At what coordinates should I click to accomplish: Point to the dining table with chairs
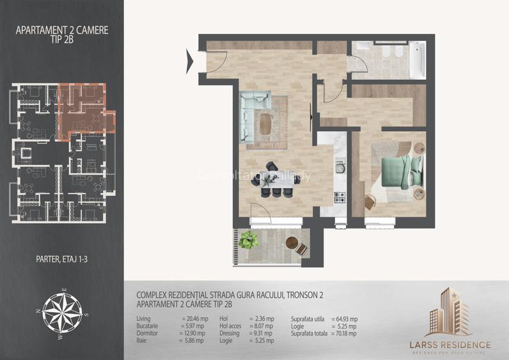click(276, 181)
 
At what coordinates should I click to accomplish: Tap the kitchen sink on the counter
click(340, 168)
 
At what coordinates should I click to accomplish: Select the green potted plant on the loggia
click(249, 240)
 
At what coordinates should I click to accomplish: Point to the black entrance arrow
click(190, 61)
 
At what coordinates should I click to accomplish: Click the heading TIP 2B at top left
click(63, 40)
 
